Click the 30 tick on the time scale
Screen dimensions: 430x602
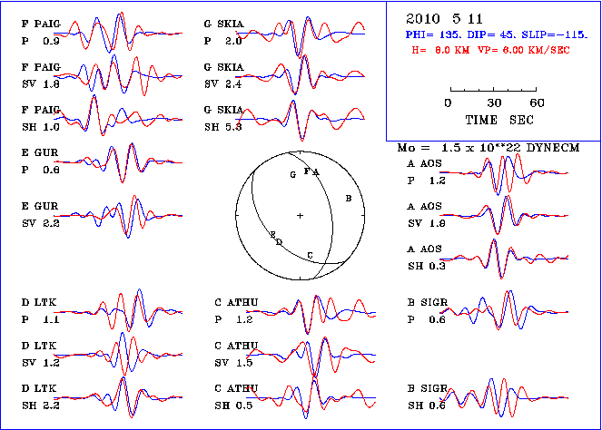coord(495,103)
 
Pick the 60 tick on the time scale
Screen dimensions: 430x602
coord(537,103)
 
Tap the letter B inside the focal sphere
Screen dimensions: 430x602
coord(349,197)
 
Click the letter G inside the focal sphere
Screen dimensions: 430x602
coord(292,174)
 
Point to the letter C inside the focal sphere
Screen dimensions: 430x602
coord(311,256)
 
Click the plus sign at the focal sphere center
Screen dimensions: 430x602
coord(300,215)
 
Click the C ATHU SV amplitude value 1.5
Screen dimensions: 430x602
coord(244,363)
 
